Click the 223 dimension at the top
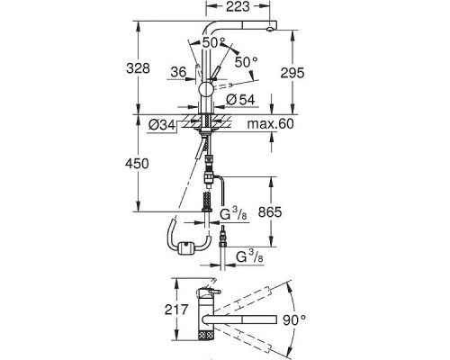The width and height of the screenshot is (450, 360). (238, 6)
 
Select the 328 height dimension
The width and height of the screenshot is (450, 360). (138, 68)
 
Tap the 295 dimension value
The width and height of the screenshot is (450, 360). (292, 73)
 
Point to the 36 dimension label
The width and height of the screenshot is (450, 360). (178, 72)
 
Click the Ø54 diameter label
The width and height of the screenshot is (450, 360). (240, 100)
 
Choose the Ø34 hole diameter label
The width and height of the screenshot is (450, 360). (162, 125)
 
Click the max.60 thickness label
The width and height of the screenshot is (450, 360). (270, 123)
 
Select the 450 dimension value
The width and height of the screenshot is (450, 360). (137, 164)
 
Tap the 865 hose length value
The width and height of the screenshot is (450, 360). (270, 212)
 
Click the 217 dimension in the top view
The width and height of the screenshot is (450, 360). (176, 310)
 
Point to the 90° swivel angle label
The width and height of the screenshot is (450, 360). (294, 320)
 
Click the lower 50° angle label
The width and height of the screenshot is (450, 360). (246, 62)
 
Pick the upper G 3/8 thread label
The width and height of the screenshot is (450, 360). (233, 214)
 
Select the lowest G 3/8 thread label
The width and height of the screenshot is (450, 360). (249, 257)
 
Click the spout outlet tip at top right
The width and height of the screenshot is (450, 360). (270, 29)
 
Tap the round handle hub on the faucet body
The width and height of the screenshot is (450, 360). (206, 88)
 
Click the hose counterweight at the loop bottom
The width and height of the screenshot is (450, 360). (186, 248)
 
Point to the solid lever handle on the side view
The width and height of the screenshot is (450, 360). (216, 74)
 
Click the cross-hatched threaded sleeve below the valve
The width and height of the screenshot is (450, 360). (207, 201)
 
